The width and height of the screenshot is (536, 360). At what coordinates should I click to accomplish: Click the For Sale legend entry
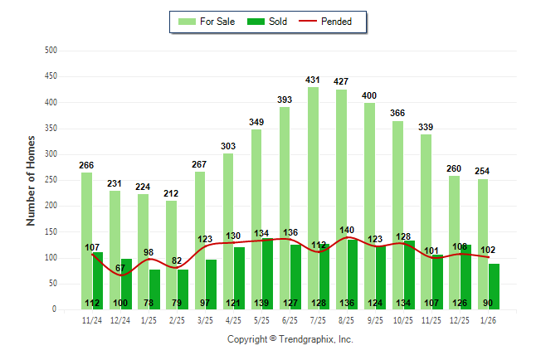click(x=209, y=22)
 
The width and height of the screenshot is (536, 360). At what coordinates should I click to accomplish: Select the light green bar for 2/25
click(x=171, y=249)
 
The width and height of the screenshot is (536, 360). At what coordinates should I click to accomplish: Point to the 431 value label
click(x=313, y=80)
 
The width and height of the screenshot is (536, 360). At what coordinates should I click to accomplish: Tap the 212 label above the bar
click(x=171, y=193)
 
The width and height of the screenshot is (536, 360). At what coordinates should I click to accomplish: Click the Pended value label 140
click(x=346, y=230)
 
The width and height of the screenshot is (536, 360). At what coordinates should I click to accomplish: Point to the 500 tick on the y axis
click(x=51, y=51)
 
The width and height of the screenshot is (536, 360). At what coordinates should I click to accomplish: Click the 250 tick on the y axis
click(x=51, y=180)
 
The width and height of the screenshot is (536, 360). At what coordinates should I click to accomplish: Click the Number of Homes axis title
click(x=32, y=180)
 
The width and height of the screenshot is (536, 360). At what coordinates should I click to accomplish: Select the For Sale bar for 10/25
click(x=398, y=216)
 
